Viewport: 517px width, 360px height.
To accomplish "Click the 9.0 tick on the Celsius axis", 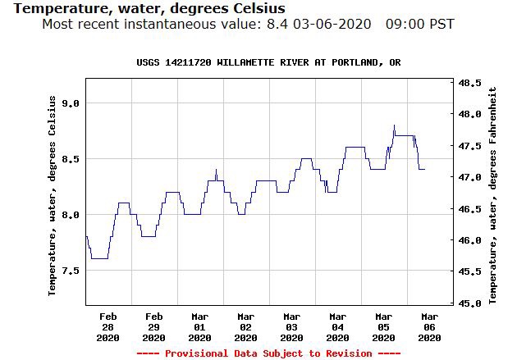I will tap(71, 103).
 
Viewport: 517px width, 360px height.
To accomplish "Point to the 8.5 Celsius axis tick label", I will tap(71, 158).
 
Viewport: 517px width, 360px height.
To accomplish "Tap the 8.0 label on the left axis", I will tap(71, 214).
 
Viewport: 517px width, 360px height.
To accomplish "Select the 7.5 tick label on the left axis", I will tap(71, 270).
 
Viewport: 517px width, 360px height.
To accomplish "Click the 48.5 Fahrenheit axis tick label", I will tap(469, 84).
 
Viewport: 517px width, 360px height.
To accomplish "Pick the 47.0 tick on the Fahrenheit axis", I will tap(469, 177).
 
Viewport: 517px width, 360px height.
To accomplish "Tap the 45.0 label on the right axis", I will tap(469, 303).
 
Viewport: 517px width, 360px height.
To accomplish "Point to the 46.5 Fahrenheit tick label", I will tap(469, 209).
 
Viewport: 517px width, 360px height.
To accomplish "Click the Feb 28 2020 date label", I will tap(108, 326).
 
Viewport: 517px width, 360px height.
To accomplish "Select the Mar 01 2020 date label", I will tap(199, 326).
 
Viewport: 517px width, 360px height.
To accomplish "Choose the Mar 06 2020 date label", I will tap(429, 326).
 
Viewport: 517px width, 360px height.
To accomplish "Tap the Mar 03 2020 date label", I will tap(291, 326).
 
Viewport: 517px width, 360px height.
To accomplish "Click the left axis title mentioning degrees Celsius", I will tap(53, 195).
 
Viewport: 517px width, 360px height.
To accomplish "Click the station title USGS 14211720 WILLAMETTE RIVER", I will tap(268, 63).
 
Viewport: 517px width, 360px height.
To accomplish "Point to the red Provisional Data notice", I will tap(268, 353).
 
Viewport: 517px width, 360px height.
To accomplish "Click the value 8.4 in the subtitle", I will tap(277, 24).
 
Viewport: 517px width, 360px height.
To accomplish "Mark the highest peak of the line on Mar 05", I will tap(395, 125).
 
